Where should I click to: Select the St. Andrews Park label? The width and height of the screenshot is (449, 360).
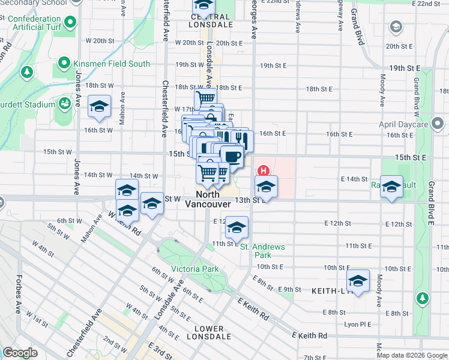(x=262, y=251)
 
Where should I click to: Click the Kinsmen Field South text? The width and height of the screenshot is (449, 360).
(x=112, y=64)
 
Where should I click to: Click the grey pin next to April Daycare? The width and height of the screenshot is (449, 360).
(x=438, y=124)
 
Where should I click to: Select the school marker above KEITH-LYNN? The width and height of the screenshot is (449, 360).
(x=358, y=280)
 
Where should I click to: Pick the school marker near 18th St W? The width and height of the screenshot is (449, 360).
(x=99, y=107)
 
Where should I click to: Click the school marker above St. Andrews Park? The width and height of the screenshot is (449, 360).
(x=237, y=227)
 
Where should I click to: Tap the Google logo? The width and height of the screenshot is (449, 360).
(x=20, y=353)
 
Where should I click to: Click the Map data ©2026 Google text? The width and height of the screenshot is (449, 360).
(x=411, y=355)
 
